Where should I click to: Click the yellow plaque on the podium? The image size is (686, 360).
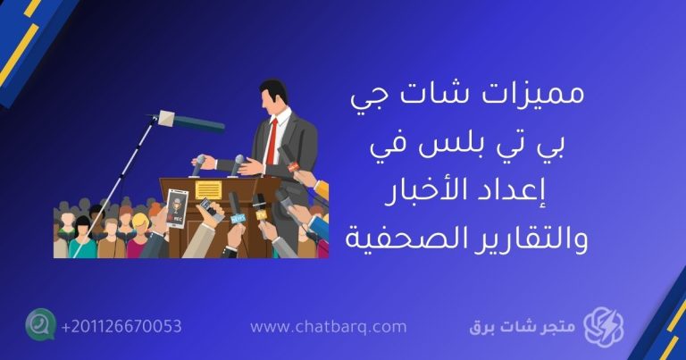click(x=208, y=189)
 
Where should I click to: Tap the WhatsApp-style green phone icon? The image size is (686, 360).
click(x=40, y=325)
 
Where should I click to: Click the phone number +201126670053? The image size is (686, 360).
click(x=121, y=326)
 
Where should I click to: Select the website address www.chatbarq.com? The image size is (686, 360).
click(x=328, y=327)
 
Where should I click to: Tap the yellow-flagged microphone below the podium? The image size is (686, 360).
click(x=260, y=215)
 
